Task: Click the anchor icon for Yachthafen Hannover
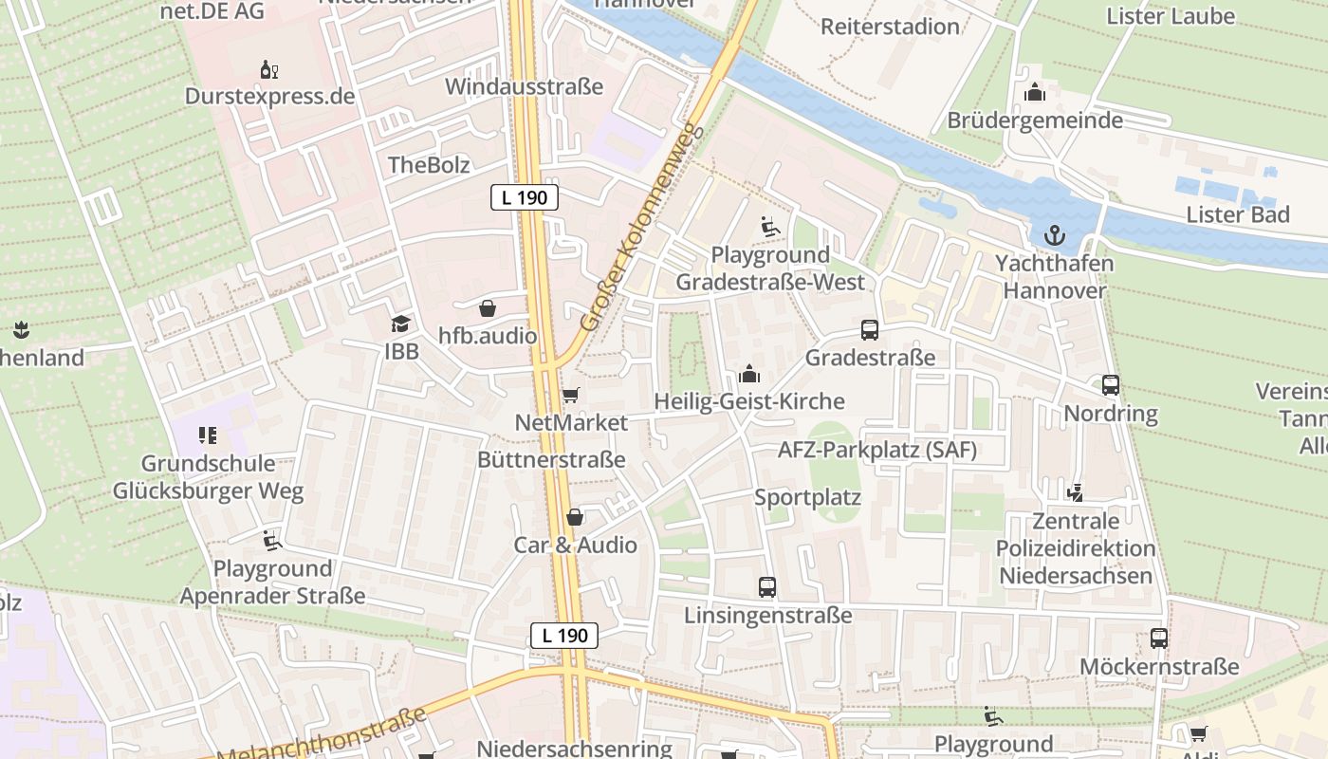(1054, 234)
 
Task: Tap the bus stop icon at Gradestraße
(869, 330)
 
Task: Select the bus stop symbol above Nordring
(1111, 385)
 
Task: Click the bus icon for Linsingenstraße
(767, 587)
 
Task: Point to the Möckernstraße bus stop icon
(1159, 639)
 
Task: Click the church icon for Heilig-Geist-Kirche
(749, 374)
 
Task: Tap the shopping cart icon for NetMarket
(570, 395)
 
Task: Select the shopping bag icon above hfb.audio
(488, 308)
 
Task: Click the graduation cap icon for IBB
(400, 324)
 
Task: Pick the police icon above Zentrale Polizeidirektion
(1075, 492)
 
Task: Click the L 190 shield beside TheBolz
(524, 198)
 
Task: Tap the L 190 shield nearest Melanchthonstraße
(564, 636)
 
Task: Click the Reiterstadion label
(890, 27)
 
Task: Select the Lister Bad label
(1238, 214)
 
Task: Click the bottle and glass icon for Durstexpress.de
(269, 69)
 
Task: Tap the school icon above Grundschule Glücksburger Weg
(208, 436)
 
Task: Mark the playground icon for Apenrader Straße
(272, 541)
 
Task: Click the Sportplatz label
(807, 498)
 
